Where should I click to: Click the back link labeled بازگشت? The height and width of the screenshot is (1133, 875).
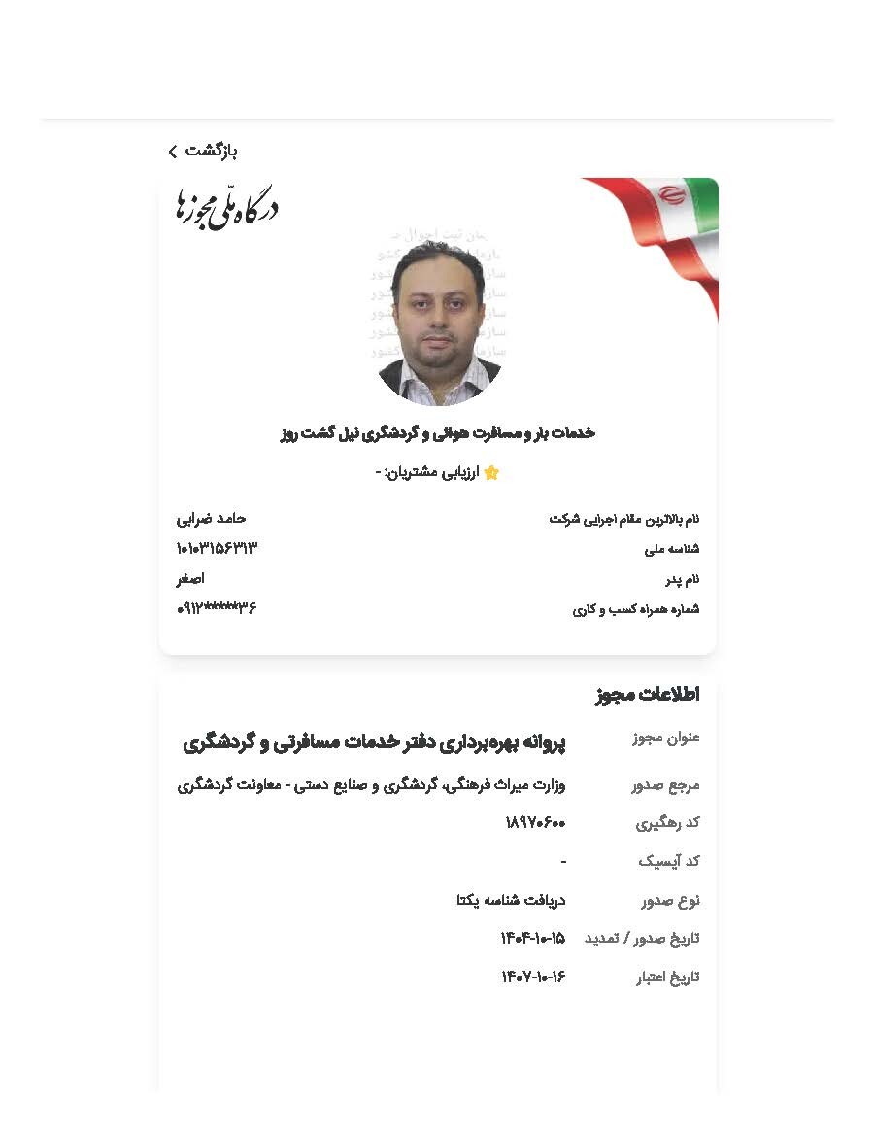point(203,151)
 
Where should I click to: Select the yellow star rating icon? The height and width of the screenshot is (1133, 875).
point(491,473)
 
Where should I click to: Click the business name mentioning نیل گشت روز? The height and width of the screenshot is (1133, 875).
point(437,433)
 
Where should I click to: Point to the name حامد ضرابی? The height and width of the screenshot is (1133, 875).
point(212,519)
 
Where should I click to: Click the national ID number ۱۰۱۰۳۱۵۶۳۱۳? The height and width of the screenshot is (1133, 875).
point(217,549)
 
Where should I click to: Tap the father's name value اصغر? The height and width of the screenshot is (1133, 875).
point(190,579)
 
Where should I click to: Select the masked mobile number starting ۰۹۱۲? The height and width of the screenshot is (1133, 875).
point(217,609)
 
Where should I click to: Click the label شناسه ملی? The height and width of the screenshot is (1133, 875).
point(672,550)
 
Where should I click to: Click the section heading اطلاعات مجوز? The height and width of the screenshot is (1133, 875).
point(647,695)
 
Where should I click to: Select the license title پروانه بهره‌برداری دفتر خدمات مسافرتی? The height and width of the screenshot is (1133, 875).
point(374,743)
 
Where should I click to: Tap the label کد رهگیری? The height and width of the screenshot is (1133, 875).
point(668,823)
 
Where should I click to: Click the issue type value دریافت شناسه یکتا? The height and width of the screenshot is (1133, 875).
point(511,900)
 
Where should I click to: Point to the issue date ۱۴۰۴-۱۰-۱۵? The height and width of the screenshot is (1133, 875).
point(532,939)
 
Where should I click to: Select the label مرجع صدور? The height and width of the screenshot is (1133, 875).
point(665,785)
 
